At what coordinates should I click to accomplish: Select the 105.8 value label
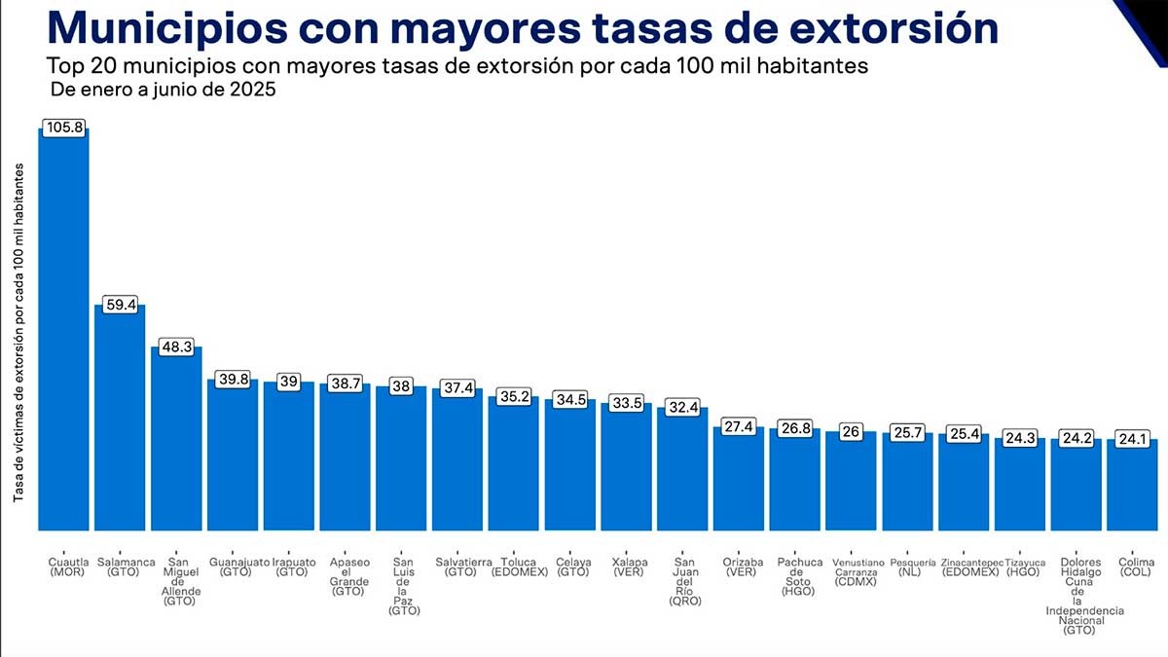(63, 128)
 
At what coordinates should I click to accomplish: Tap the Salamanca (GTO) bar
(120, 418)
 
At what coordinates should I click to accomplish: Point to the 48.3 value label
(176, 346)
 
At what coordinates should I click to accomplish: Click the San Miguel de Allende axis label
(176, 581)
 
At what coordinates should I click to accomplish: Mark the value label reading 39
(289, 382)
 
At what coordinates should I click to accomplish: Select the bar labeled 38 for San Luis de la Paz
(401, 457)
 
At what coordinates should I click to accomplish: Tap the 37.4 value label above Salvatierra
(457, 388)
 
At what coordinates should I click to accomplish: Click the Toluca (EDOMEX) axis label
(513, 567)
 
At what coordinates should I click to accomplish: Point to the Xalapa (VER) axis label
(627, 567)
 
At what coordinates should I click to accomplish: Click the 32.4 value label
(682, 407)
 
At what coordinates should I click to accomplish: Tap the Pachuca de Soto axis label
(799, 576)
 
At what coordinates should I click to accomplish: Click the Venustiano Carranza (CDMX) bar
(852, 481)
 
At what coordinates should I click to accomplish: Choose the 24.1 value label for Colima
(1133, 438)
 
